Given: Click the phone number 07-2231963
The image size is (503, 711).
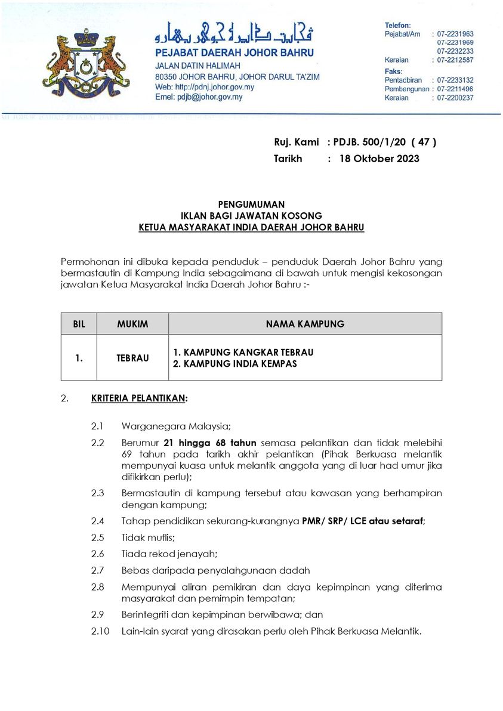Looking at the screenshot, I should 455,35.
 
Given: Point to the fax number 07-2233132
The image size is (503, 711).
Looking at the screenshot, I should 455,80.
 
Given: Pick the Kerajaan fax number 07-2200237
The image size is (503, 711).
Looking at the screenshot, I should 455,98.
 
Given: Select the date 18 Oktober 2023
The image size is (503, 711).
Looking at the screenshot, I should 379,159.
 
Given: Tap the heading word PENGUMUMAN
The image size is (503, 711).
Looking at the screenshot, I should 251,205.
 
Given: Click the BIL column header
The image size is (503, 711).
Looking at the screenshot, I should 79,324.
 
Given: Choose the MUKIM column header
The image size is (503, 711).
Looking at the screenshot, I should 132,324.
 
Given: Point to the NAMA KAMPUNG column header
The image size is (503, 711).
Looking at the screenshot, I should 305,324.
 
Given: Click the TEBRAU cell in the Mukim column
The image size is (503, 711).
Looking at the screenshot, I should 132,358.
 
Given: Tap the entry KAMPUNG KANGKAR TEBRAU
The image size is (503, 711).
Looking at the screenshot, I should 243,352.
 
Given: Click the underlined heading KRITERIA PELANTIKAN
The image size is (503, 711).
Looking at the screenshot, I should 138,398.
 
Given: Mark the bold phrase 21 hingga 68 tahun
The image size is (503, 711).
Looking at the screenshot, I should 209,443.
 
